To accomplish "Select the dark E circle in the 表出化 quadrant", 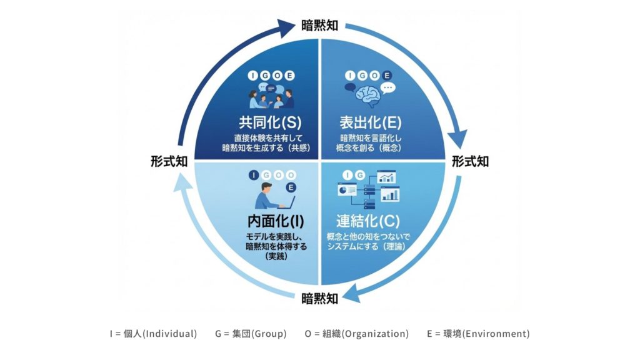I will [387, 76].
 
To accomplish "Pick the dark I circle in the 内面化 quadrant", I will [253, 174].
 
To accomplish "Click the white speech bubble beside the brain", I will [389, 89].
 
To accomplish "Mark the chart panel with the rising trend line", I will [387, 177].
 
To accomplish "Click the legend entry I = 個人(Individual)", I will [153, 334].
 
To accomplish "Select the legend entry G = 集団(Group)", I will [251, 334].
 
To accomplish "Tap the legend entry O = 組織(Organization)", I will [357, 334].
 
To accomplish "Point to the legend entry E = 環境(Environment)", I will [478, 334].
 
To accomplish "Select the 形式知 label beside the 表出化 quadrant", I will [471, 161].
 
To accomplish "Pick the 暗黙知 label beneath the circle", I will [319, 298].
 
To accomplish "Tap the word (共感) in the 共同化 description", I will [299, 148].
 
